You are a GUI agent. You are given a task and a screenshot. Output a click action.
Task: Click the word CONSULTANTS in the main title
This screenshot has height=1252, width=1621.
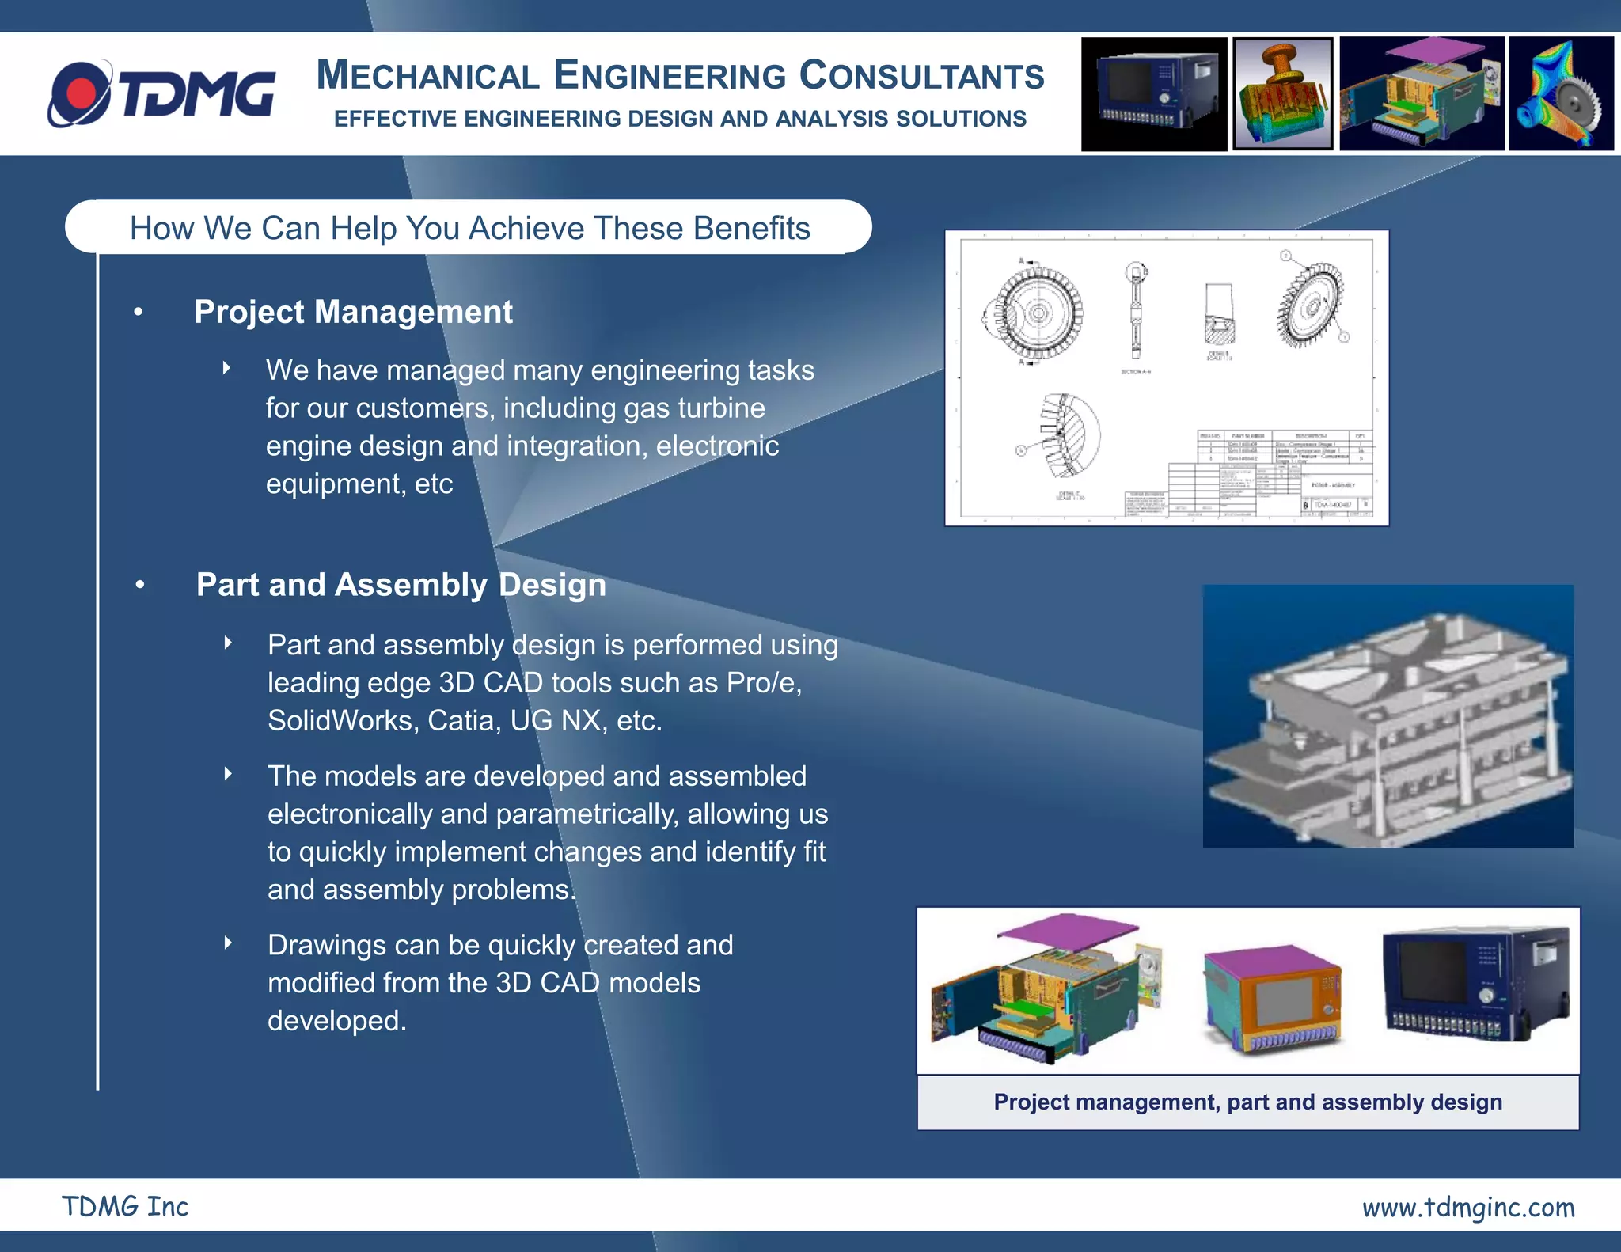921,77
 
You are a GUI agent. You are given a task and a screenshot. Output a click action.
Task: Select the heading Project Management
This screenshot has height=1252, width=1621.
353,312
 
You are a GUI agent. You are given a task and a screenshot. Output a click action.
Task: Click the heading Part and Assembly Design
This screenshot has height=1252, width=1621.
401,585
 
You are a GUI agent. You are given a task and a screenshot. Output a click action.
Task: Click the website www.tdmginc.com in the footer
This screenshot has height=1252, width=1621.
1467,1207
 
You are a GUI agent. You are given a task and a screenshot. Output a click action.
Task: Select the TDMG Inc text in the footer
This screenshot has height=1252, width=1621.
125,1206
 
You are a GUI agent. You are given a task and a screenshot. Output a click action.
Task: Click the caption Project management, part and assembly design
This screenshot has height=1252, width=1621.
1247,1102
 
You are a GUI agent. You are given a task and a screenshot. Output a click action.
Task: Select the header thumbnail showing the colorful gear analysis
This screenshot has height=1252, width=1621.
1561,94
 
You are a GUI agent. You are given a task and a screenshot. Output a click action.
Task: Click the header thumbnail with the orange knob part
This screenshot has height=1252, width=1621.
1282,94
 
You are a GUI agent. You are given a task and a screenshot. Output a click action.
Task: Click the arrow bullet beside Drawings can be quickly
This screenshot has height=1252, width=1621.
228,943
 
